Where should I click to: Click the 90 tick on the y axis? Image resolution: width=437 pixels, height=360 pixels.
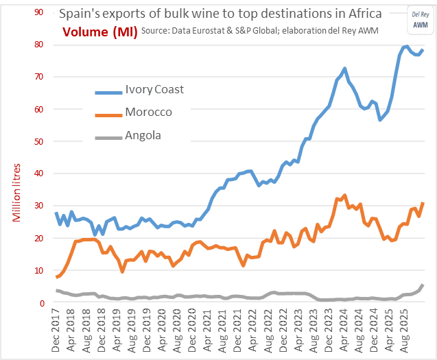(40, 12)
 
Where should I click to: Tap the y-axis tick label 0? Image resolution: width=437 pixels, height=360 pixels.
(43, 303)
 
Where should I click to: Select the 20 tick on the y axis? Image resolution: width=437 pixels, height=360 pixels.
(40, 239)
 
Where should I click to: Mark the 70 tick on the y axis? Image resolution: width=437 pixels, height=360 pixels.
(40, 77)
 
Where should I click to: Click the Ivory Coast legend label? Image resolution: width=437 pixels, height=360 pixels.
(154, 89)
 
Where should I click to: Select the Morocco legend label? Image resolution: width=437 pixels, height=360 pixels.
(148, 112)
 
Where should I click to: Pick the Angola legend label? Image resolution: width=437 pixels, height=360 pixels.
(143, 135)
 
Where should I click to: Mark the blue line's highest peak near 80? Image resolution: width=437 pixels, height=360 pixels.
(406, 47)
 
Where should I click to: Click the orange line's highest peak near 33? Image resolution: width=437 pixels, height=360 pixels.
(344, 195)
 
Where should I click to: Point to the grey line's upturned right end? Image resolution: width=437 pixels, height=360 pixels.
(423, 285)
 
